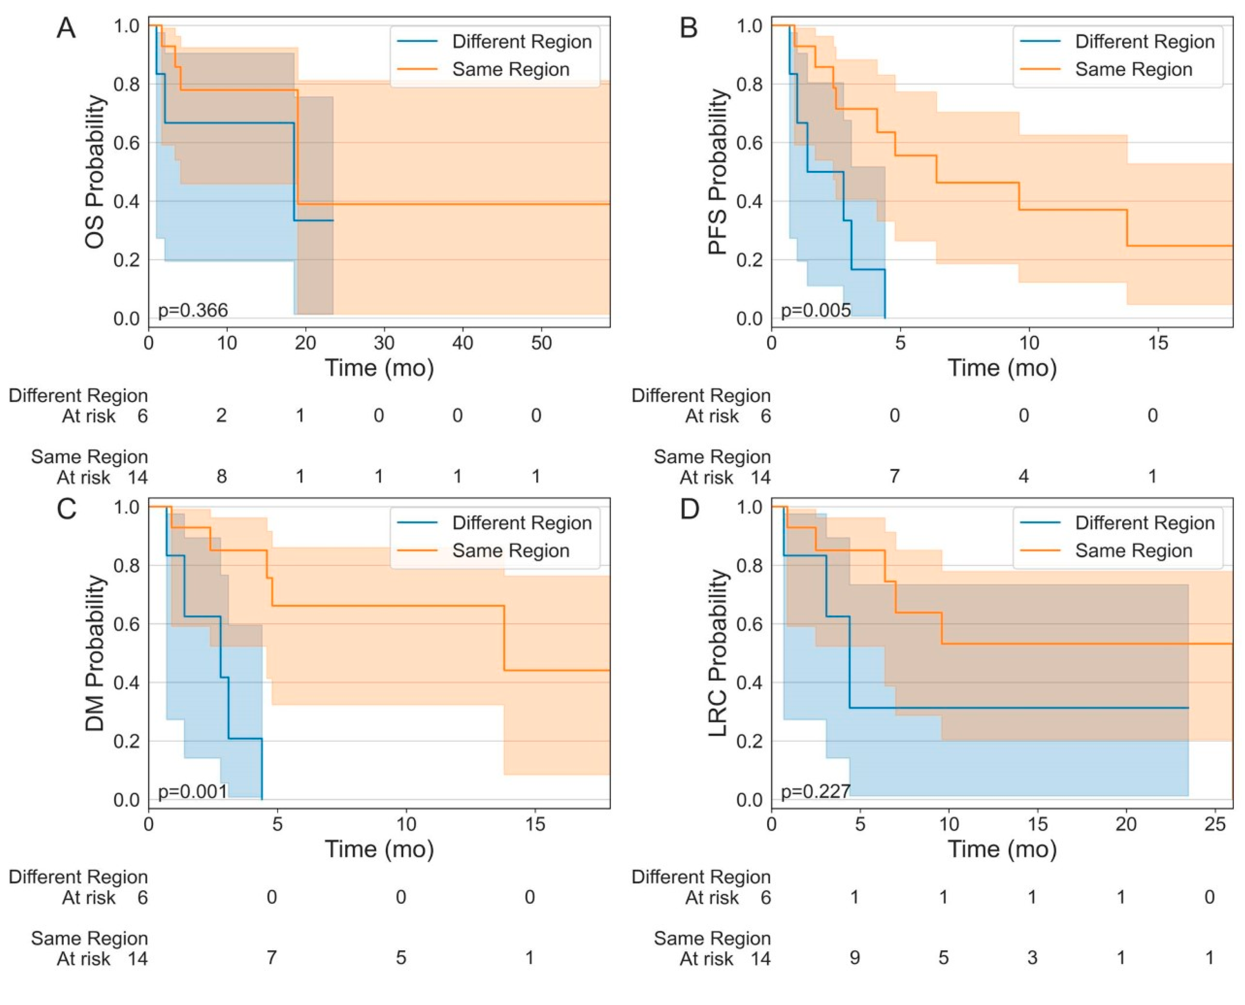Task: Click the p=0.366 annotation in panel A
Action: click(193, 310)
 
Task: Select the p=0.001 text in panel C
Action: click(193, 791)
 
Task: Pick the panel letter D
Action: click(689, 509)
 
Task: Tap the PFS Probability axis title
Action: click(718, 172)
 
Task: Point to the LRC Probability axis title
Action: click(718, 653)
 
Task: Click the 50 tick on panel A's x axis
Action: click(541, 343)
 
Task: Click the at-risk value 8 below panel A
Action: click(221, 476)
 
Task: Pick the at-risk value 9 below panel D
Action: click(854, 958)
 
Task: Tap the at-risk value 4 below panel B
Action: click(1023, 476)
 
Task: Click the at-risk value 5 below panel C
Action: click(401, 958)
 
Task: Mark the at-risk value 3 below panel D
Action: click(1032, 958)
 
